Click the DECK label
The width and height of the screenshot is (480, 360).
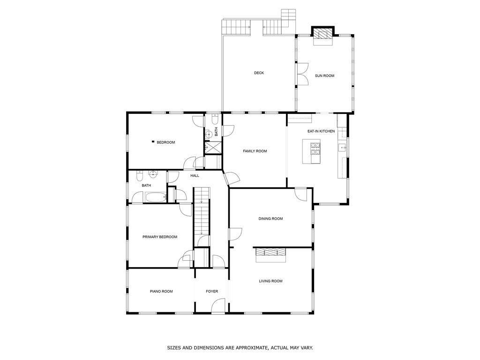pos(259,73)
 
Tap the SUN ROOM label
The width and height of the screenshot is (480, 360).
pos(324,75)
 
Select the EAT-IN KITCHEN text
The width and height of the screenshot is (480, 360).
pos(321,131)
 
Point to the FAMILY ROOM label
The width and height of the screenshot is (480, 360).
pos(255,151)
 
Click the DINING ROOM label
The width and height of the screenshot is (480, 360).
pos(270,218)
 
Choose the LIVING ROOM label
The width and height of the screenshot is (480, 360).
pos(270,281)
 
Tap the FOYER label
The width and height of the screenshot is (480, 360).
pos(212,292)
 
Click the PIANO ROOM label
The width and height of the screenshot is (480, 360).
pos(161,292)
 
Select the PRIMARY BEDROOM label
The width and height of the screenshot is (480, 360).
pos(160,237)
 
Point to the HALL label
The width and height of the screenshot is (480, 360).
pos(195,176)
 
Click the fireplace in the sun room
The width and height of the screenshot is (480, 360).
pos(322,34)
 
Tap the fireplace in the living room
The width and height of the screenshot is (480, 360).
pos(270,253)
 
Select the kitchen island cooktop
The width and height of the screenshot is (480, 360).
pos(315,150)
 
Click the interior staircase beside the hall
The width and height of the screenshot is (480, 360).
pos(201,211)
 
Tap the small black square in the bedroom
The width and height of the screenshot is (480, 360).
pos(152,142)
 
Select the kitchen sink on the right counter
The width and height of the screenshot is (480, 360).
pos(342,148)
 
